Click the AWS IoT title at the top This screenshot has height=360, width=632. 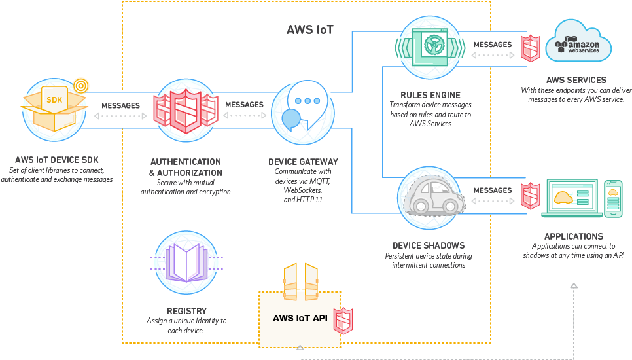(310, 30)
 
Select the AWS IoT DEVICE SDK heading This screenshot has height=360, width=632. (57, 160)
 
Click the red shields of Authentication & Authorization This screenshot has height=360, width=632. (186, 111)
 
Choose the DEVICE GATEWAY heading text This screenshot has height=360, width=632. (303, 162)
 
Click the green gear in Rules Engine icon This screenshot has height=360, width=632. (434, 45)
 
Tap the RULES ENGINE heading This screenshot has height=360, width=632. (430, 95)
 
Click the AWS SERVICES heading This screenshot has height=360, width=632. (576, 80)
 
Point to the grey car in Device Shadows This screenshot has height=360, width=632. (434, 196)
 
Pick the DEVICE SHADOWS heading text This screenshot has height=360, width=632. (429, 245)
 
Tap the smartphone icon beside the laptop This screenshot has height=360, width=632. (613, 199)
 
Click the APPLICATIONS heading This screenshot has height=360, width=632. (574, 236)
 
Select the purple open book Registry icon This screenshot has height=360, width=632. (186, 262)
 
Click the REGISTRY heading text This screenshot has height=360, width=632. (186, 311)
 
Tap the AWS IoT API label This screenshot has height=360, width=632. (300, 318)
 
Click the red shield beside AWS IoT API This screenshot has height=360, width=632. (343, 321)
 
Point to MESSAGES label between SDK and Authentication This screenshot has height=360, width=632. (120, 105)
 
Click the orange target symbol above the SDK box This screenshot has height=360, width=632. (81, 86)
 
